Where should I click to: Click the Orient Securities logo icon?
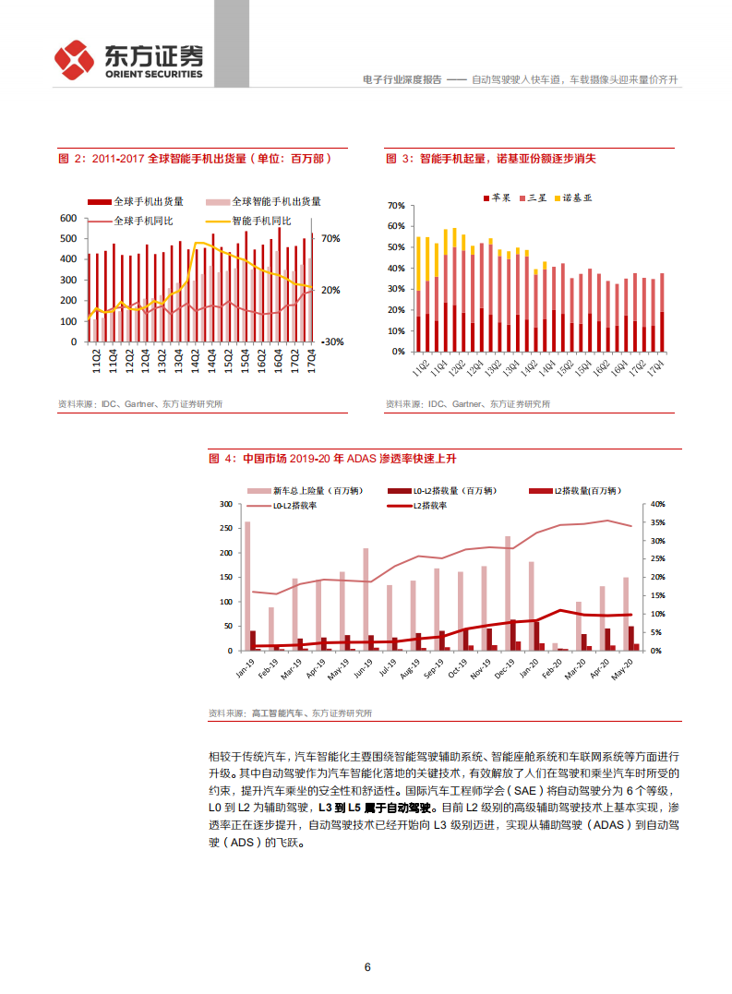[x=74, y=60]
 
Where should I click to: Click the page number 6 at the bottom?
[x=367, y=967]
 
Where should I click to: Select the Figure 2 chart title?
[x=195, y=159]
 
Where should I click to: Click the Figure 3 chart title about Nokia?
[x=491, y=159]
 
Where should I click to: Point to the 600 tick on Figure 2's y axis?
[x=67, y=218]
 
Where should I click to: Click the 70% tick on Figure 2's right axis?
[x=330, y=239]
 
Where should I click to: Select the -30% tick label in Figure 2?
[x=330, y=341]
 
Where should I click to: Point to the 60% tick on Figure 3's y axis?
[x=396, y=226]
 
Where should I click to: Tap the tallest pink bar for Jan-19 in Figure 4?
[x=247, y=586]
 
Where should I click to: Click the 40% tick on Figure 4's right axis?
[x=657, y=504]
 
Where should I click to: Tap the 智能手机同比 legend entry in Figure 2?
[x=260, y=222]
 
